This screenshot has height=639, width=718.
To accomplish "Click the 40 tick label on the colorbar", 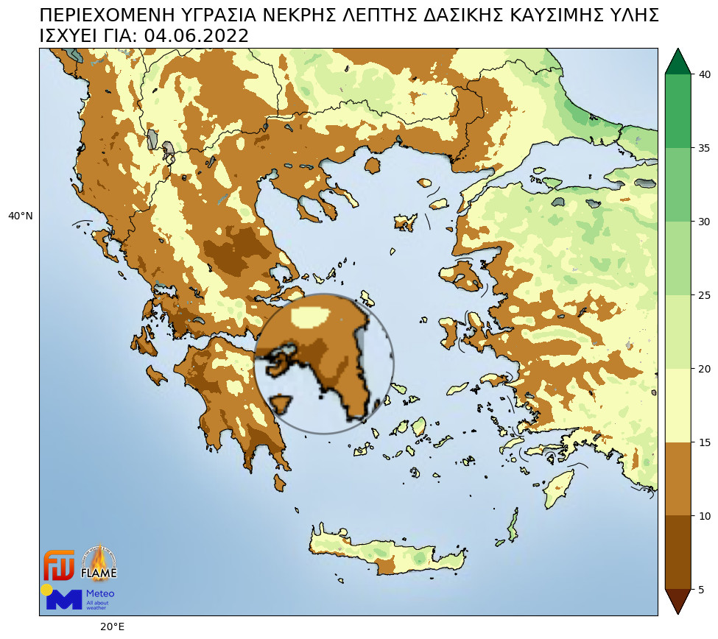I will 704,74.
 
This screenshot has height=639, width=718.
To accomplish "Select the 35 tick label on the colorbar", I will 704,148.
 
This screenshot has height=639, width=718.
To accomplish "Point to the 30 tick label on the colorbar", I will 704,222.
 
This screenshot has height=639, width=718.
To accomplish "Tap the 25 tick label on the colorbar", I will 704,295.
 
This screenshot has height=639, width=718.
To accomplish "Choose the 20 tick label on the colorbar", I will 704,369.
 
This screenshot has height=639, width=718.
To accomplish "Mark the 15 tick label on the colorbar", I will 704,442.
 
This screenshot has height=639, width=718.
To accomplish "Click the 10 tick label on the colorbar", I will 704,516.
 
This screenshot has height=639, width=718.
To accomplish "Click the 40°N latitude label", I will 20,216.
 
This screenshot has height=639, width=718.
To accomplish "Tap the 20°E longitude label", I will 112,626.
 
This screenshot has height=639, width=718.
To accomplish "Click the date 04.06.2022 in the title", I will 196,36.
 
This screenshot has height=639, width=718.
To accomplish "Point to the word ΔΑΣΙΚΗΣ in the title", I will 466,15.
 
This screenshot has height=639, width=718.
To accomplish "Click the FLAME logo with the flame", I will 98,563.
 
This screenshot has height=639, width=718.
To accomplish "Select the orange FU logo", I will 59,565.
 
